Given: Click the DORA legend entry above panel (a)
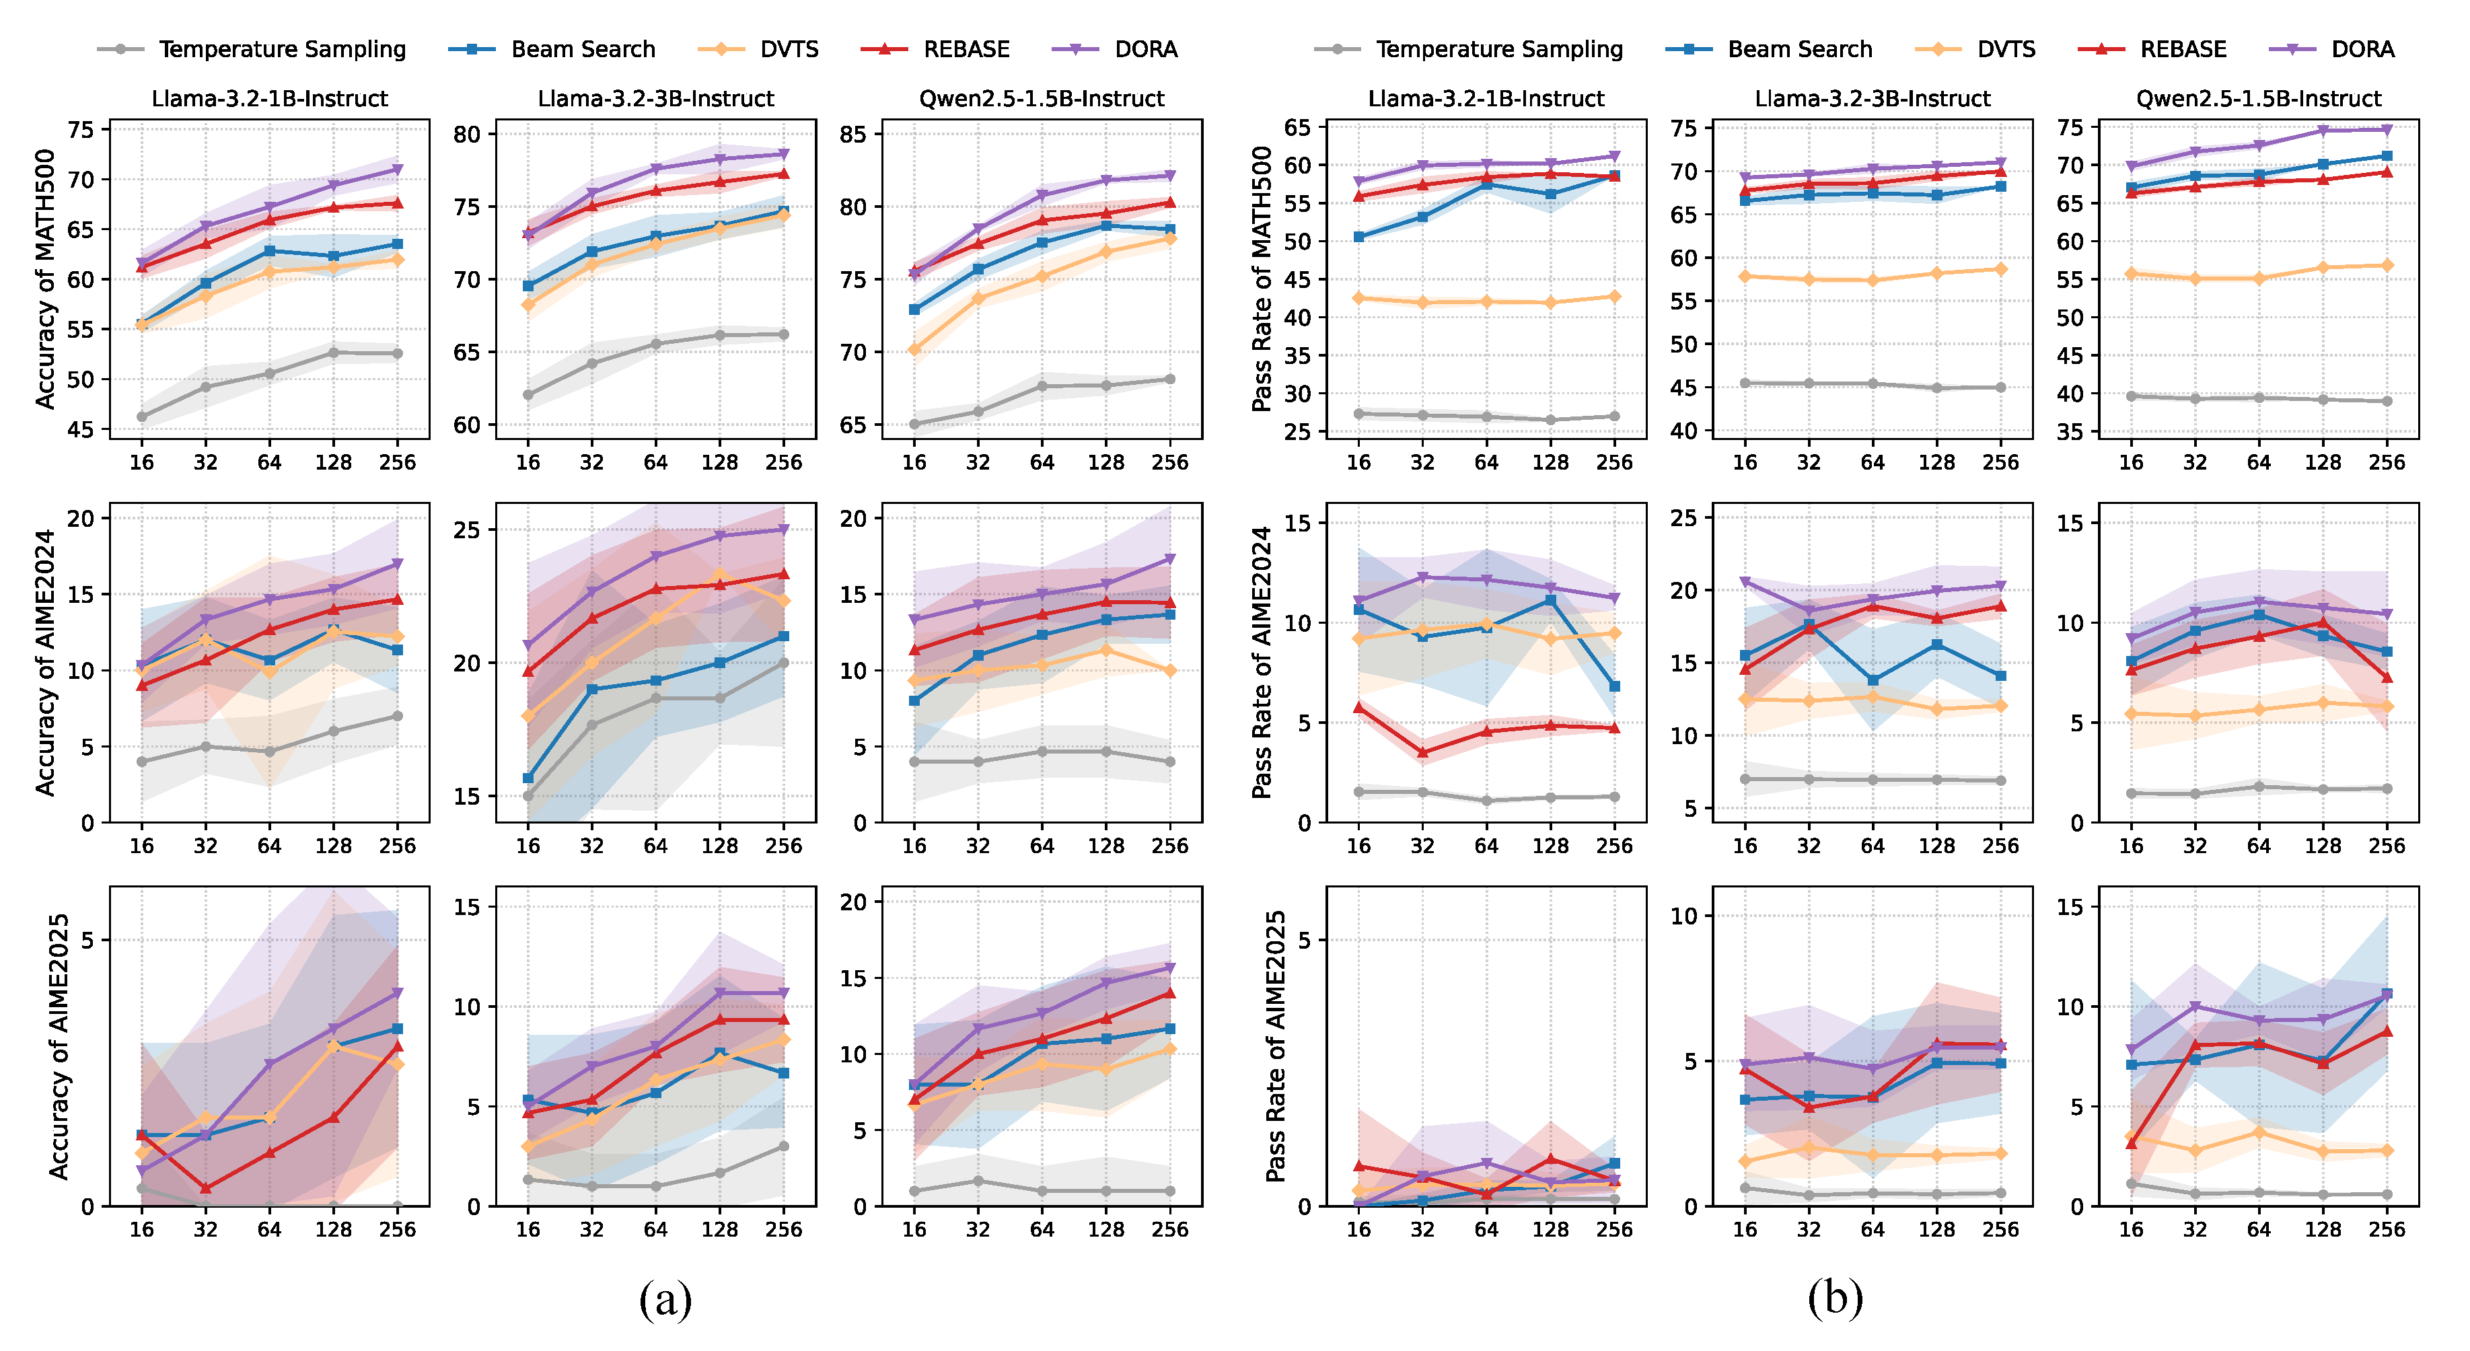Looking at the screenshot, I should (x=1145, y=49).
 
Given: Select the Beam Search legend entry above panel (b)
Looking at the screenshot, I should (x=1799, y=49).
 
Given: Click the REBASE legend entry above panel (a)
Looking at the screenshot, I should (x=966, y=49).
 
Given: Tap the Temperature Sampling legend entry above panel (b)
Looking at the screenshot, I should (x=1498, y=49).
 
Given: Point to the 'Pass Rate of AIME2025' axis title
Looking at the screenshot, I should (x=1275, y=1046).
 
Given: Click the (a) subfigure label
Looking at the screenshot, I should (x=665, y=1299).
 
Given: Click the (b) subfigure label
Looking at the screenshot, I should (x=1834, y=1299).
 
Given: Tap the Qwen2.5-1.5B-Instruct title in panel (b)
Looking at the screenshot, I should (x=2258, y=99).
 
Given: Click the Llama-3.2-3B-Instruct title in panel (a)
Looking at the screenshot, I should (x=656, y=99).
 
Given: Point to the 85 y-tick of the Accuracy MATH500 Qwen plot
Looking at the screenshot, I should (x=852, y=135).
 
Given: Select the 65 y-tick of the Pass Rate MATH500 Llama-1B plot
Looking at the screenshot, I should (x=1297, y=128).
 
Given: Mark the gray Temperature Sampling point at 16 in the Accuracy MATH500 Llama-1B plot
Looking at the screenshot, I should (x=142, y=417).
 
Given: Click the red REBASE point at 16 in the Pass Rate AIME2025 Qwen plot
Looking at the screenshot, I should (x=2131, y=1143).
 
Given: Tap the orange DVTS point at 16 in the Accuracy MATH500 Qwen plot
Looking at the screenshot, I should (x=915, y=350).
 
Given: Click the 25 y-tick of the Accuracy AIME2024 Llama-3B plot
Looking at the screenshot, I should (x=467, y=530).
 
